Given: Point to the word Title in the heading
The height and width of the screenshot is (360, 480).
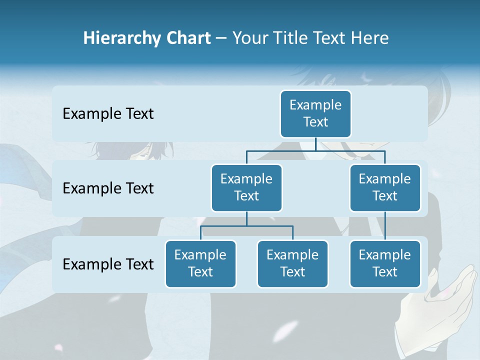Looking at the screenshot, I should point(295,38).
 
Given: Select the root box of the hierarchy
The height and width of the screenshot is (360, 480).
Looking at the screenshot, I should point(315,113).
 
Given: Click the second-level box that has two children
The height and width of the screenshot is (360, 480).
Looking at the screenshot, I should point(246,187).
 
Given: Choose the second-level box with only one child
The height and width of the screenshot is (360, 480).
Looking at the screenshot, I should point(385,187).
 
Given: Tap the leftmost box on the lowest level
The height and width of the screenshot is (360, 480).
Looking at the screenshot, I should point(200,263).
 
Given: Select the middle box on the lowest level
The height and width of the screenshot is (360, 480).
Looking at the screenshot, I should point(292,263).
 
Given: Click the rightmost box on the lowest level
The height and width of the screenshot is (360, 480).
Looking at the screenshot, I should point(385,263).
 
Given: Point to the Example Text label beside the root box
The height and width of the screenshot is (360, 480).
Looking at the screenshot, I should point(108,114).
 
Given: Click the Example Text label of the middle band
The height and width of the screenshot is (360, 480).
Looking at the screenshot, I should point(108,188).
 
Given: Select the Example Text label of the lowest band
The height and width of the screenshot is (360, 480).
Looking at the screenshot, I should point(108,264).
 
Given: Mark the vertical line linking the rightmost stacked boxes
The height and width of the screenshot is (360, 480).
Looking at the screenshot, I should point(385,225).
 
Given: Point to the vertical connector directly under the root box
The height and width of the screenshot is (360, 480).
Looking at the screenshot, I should point(315,144).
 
